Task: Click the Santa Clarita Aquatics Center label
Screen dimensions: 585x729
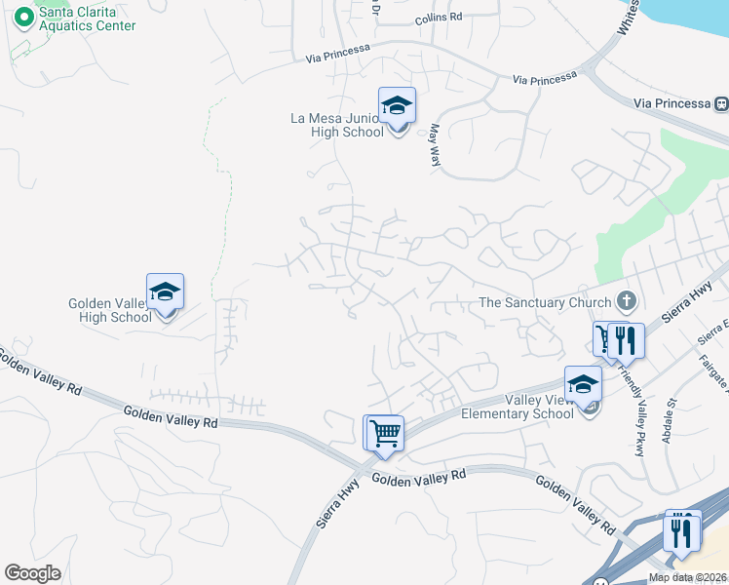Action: tap(87, 18)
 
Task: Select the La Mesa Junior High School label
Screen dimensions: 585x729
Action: tap(337, 125)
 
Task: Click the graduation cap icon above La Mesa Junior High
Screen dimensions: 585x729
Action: tap(397, 106)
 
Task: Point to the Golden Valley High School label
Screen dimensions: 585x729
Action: tap(110, 310)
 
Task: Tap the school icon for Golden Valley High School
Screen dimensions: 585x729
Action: tap(166, 292)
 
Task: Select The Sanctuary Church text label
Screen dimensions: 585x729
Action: tap(545, 302)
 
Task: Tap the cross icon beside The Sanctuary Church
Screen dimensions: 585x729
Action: tap(627, 301)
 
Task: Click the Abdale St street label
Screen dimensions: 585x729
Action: tap(669, 418)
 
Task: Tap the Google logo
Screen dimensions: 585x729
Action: tap(33, 573)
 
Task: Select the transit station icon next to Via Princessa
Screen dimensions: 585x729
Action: tap(721, 103)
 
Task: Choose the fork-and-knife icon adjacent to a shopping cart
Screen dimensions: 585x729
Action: tap(627, 341)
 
